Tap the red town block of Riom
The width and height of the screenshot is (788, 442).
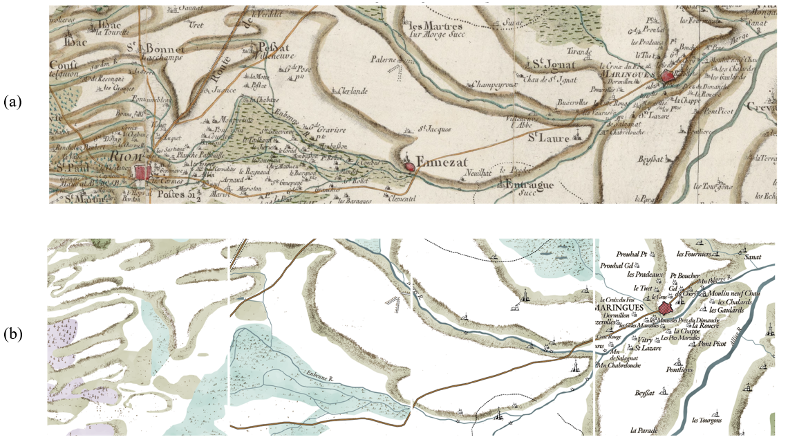click(x=143, y=171)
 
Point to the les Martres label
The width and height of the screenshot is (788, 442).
click(x=424, y=24)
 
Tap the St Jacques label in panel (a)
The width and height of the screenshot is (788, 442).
click(x=435, y=129)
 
